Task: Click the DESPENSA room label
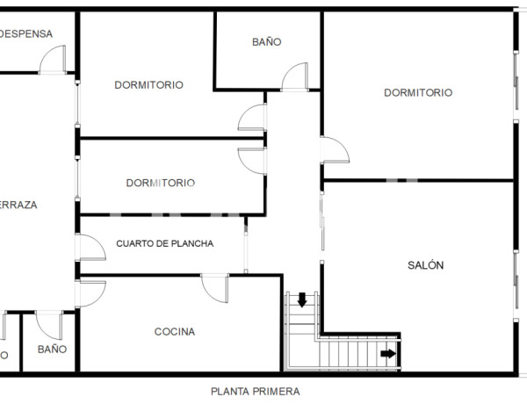point(26,34)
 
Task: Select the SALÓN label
point(426,265)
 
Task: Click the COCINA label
point(175,332)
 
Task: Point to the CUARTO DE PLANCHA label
point(165,243)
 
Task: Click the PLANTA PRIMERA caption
point(255,392)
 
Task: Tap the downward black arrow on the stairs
point(302,300)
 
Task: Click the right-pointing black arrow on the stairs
point(387,354)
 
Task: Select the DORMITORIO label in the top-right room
point(418,92)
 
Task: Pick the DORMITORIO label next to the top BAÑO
point(148,85)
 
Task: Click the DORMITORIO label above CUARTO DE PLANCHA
point(160,183)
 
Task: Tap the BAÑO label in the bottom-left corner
point(53,349)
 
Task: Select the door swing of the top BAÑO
point(294,77)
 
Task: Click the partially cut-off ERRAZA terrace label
point(18,205)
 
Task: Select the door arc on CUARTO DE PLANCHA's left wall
point(90,248)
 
